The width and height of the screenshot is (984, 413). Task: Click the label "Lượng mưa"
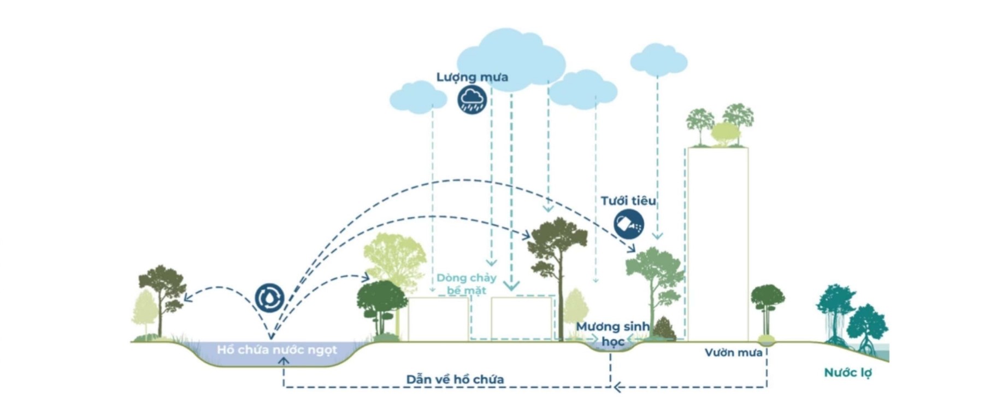coord(472,77)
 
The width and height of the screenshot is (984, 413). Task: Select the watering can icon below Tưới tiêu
coord(629,224)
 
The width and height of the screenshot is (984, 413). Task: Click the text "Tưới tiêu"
coord(628,201)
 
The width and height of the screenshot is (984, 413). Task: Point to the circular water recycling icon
coord(270,298)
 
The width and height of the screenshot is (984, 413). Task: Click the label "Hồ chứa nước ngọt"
coord(277,350)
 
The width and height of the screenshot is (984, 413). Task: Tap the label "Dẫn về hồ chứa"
coord(455,379)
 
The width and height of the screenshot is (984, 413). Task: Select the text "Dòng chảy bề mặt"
coord(466,284)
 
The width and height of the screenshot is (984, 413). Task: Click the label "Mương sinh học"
coord(613,334)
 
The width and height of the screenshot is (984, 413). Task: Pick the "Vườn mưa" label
coord(733,353)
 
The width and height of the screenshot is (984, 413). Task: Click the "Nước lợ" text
coord(848,373)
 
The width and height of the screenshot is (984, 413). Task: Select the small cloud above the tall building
coord(658,60)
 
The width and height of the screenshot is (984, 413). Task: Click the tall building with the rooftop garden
coord(718,244)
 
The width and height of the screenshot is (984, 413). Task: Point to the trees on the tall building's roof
coord(720,126)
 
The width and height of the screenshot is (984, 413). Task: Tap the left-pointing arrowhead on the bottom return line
coord(617,387)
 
